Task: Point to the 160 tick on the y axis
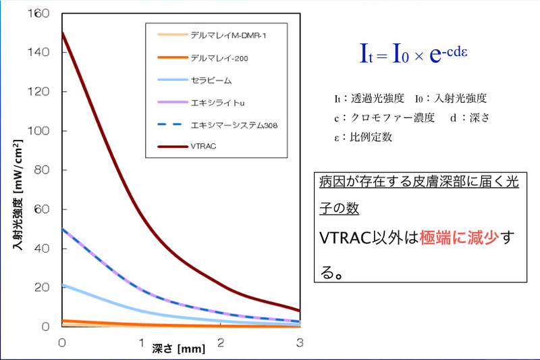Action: (x=43, y=13)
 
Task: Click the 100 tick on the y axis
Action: (x=43, y=130)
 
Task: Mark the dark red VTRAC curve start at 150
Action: (x=62, y=32)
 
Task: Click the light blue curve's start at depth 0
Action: (x=63, y=285)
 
